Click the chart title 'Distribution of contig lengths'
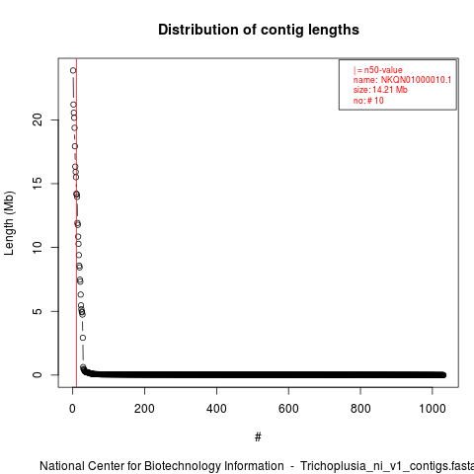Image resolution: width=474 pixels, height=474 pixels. click(259, 30)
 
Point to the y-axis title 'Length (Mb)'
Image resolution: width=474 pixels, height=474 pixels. click(9, 223)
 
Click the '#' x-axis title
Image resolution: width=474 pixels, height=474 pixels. click(258, 436)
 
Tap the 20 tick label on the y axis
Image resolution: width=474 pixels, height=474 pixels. click(38, 119)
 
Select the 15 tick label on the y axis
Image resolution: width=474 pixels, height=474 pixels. click(38, 184)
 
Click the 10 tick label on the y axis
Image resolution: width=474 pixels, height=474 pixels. click(38, 247)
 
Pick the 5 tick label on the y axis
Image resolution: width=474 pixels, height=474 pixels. click(38, 311)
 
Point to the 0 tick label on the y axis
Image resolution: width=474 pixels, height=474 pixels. click(38, 375)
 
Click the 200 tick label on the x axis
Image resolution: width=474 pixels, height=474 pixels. click(144, 409)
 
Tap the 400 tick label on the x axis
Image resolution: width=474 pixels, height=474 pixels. click(216, 409)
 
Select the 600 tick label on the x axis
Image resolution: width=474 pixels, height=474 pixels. click(288, 409)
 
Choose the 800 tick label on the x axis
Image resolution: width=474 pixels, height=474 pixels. click(360, 409)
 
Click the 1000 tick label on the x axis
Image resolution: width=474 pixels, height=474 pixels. click(433, 409)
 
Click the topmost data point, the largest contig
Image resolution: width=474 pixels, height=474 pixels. click(73, 70)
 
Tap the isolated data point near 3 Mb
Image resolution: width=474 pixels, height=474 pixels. click(83, 338)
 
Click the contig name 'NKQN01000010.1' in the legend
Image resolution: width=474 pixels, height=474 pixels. click(416, 80)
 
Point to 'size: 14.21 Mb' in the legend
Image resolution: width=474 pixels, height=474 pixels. click(380, 90)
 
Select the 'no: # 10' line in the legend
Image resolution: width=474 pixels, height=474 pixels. click(368, 101)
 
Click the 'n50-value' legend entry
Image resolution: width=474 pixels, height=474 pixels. click(383, 70)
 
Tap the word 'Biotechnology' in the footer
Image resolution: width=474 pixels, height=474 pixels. click(182, 466)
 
